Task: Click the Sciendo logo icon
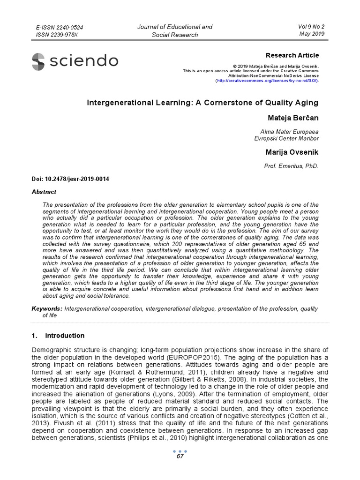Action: pos(38,61)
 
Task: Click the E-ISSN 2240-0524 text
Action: pos(60,28)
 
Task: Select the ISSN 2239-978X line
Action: pos(57,35)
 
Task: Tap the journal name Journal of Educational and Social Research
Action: pos(174,30)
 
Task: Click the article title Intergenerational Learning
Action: pos(202,103)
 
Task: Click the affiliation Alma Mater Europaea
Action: pos(289,131)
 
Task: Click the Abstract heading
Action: pos(44,192)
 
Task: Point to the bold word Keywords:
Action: pos(47,309)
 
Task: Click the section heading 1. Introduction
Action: pos(58,336)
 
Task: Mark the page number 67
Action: pos(180,456)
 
